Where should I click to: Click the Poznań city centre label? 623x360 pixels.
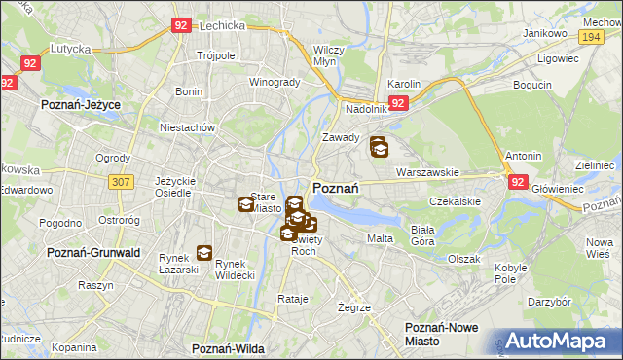click(x=337, y=188)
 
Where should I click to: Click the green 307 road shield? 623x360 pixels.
click(x=122, y=182)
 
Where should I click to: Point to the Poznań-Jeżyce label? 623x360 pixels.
click(x=78, y=102)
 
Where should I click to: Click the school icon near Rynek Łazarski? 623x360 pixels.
click(x=204, y=253)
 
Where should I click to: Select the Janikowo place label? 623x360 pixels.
click(x=545, y=33)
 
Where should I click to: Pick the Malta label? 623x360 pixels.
click(x=380, y=238)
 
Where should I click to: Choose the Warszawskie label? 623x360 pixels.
click(x=427, y=172)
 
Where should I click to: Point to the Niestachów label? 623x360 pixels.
click(x=187, y=126)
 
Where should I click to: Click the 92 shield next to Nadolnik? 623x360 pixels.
click(x=398, y=102)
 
